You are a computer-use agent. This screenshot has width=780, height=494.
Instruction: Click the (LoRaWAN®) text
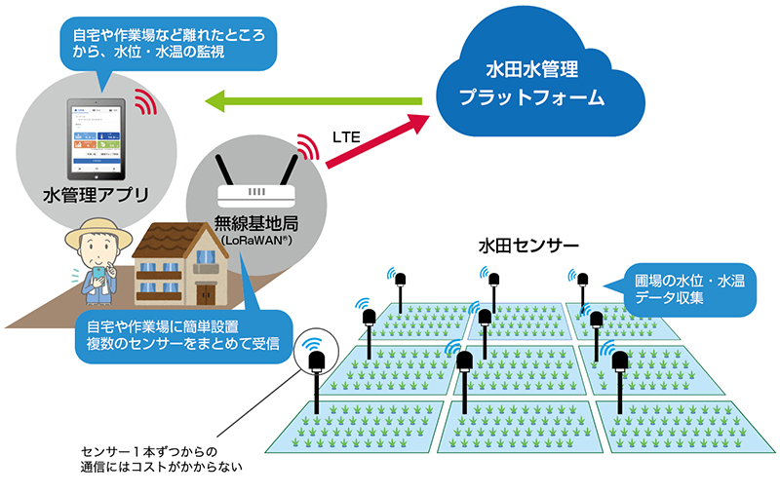pos(256,239)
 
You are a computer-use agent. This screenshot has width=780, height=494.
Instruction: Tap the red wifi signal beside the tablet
pos(145,101)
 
